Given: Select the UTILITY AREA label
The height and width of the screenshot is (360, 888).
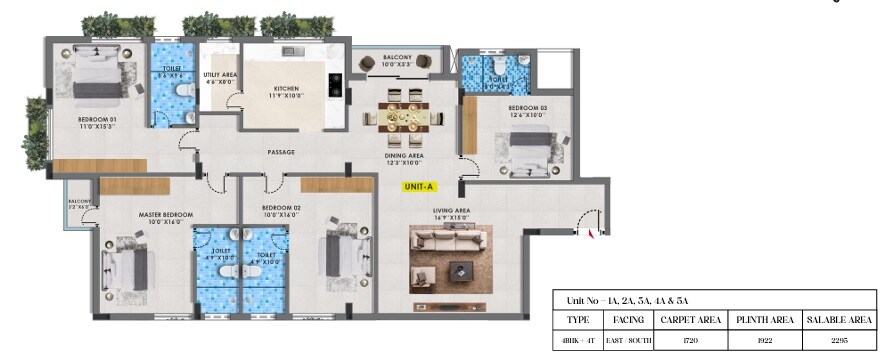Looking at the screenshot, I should click(x=219, y=79).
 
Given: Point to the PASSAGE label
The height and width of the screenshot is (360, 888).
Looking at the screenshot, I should click(x=280, y=153).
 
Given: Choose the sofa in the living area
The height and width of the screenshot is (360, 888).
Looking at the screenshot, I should click(x=451, y=240).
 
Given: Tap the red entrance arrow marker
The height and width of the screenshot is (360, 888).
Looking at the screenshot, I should click(x=592, y=233).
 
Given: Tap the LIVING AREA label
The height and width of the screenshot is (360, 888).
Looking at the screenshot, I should click(x=451, y=212).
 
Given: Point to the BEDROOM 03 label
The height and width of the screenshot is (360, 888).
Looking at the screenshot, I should click(x=527, y=109).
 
